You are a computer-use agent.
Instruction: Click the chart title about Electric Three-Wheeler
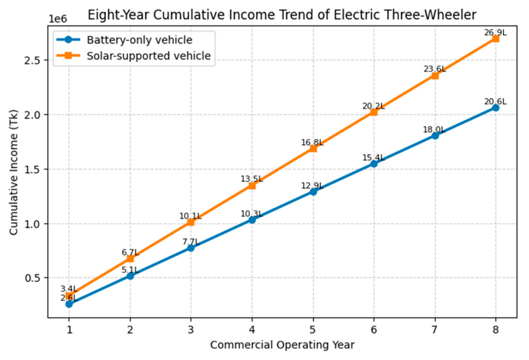pos(282,15)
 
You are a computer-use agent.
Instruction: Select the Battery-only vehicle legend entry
pos(125,40)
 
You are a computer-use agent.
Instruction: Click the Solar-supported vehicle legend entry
pos(134,56)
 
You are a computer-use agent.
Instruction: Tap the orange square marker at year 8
pos(496,39)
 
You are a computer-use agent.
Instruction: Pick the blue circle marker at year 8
pos(496,108)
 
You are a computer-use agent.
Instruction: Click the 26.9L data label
pos(496,33)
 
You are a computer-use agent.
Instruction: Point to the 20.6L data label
pos(496,102)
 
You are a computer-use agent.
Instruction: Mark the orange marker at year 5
pos(313,149)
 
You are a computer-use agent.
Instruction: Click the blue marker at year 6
pos(374,164)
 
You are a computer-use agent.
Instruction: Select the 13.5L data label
pos(252,179)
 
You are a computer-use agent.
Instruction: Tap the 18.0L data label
pos(434,130)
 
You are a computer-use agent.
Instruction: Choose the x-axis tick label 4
pos(252,330)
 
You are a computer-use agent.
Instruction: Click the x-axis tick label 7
pos(434,330)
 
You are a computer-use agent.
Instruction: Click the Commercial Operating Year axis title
pos(283,345)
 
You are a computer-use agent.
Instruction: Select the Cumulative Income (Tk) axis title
pos(14,172)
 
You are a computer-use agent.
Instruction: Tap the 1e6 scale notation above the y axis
pos(58,19)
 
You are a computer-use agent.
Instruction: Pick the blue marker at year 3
pos(191,248)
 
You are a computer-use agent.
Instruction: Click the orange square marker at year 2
pos(130,259)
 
